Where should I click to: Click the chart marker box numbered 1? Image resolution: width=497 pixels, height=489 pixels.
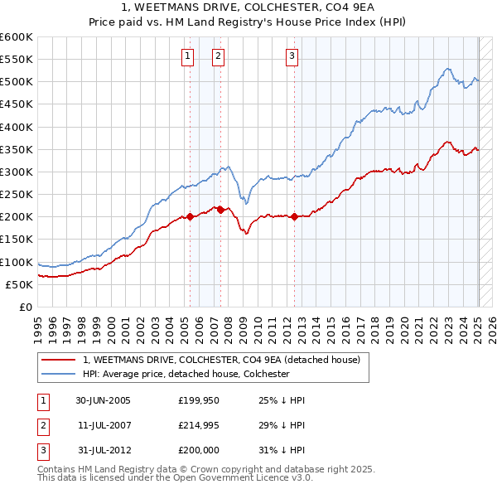click(x=187, y=56)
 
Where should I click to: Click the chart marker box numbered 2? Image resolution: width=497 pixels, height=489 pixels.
click(x=217, y=56)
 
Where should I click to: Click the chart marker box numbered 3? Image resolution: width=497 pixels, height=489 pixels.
click(x=292, y=56)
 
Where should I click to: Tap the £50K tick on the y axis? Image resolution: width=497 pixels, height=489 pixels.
click(x=19, y=284)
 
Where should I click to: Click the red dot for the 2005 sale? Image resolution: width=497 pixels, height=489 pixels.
click(x=191, y=216)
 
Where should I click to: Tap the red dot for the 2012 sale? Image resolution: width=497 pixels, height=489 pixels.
click(x=295, y=216)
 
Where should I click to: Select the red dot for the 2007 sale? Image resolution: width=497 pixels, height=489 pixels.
click(x=221, y=210)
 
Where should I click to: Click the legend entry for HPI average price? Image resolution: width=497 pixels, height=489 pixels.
click(x=185, y=374)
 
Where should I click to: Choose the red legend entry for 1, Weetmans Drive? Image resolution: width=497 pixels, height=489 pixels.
click(x=221, y=360)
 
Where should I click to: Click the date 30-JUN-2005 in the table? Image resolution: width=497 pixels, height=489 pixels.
click(x=103, y=400)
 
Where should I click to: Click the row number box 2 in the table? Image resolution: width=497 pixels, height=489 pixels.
click(x=41, y=424)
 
